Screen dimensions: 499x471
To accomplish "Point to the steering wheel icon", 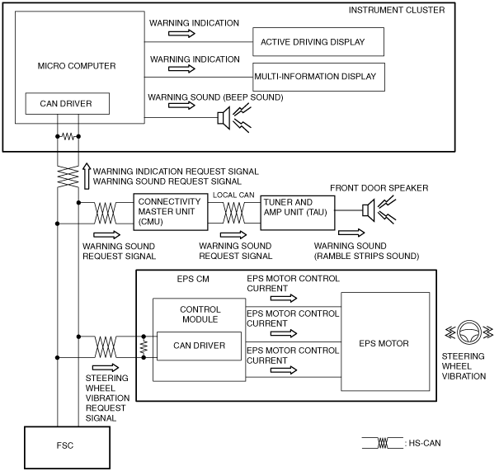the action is tap(468, 332).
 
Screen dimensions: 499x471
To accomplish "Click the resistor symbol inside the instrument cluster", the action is tap(68, 137).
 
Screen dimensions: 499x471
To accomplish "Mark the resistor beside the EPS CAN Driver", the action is tap(144, 347).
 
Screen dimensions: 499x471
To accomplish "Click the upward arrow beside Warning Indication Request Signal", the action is tap(87, 176).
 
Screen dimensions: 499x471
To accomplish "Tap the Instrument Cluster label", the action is tap(397, 10).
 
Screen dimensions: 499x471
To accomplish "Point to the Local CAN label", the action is tap(233, 195).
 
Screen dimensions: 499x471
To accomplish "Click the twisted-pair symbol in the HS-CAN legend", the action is tap(383, 443).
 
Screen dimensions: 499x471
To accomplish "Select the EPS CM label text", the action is tap(193, 279).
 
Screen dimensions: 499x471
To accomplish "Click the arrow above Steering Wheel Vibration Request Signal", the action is tap(106, 368).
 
